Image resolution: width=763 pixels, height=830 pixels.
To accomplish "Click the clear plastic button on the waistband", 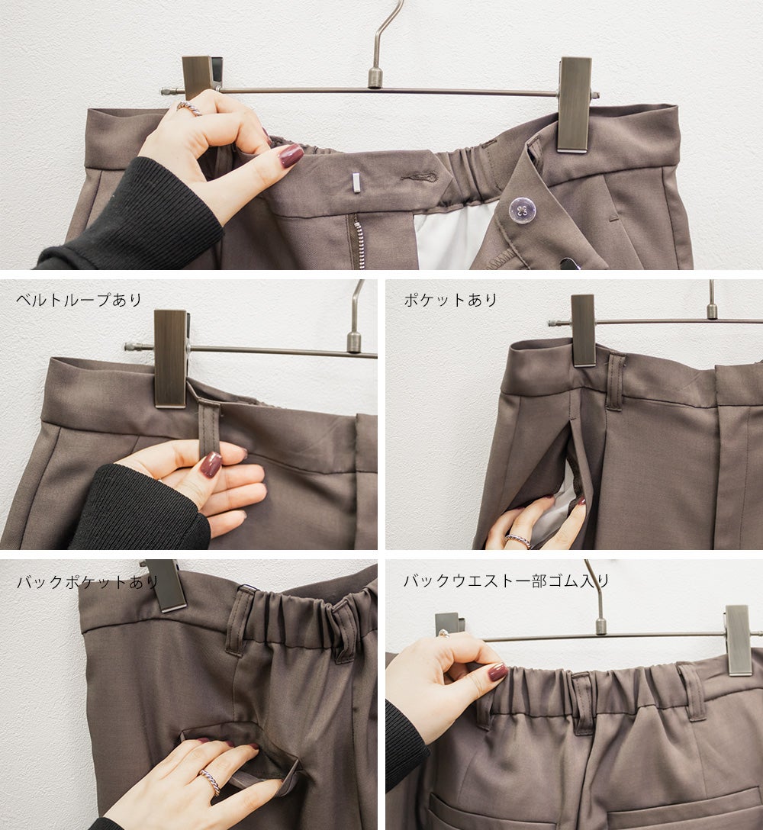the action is coord(522,209).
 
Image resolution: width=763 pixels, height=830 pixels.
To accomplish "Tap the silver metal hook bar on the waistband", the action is coord(356,183).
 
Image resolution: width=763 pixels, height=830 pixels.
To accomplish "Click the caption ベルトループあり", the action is coord(79,300).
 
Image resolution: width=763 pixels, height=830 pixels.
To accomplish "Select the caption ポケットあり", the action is coord(451,300).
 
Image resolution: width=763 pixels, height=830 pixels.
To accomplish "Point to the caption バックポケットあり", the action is coord(88,582).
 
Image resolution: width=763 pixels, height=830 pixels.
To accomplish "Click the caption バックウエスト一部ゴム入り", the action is coord(506,581).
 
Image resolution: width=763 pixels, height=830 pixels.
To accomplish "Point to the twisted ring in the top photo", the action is coord(189,108).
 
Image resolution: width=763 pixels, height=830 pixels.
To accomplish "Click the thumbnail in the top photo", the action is coord(291,156).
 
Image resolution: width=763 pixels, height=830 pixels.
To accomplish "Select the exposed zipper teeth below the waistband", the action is coord(356,241).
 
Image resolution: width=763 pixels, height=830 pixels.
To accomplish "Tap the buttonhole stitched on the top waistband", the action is coord(419,175).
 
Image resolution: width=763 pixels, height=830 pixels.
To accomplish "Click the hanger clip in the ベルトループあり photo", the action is coord(170,359).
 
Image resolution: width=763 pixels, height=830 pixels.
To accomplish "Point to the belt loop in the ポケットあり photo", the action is coord(617,381).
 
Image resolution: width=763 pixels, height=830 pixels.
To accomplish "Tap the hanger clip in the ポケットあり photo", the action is coord(583,330).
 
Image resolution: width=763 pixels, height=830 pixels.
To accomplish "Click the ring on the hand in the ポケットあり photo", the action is coord(517,540).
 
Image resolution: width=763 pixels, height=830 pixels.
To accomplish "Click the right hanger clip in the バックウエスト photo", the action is coord(739,640).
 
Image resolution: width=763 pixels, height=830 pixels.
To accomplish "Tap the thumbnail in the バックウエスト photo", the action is coord(497,672).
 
